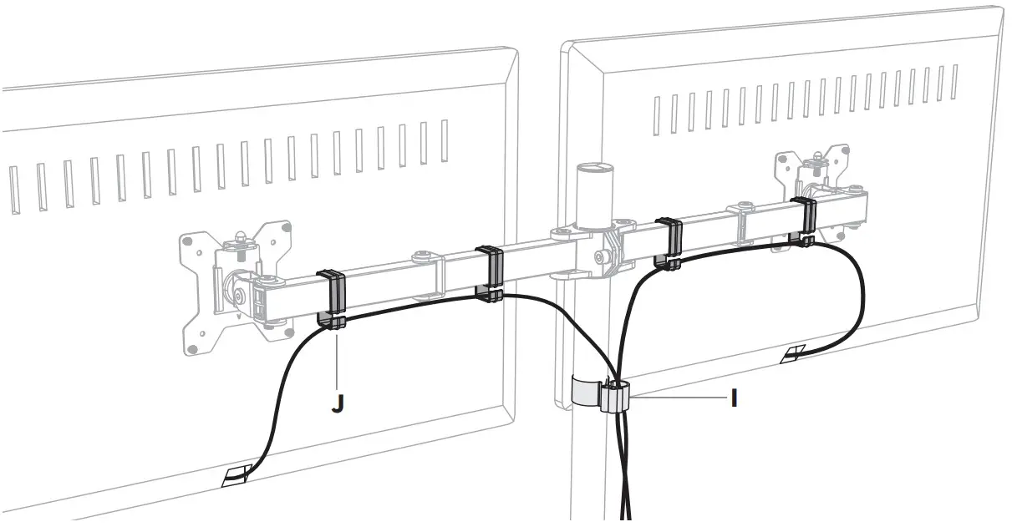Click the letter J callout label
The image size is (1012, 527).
click(337, 403)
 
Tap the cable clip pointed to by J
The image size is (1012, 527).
click(332, 299)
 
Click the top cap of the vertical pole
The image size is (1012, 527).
click(595, 171)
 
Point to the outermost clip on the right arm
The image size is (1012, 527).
click(806, 220)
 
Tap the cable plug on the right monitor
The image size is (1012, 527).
click(793, 355)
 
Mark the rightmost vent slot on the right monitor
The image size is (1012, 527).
click(954, 82)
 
